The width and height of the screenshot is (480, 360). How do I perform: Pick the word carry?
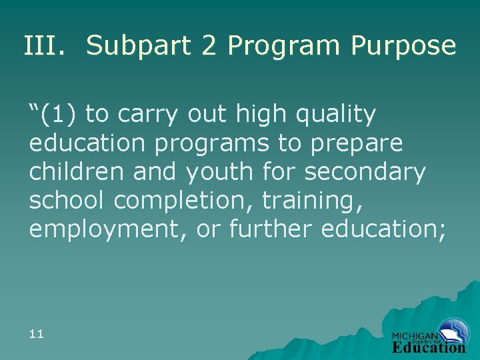point(149,114)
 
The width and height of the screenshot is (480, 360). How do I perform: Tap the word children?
point(77,171)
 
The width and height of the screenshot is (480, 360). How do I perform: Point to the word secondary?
point(365,171)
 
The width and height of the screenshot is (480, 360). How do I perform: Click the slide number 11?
point(37,333)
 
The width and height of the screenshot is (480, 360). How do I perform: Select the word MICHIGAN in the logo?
point(415,335)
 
